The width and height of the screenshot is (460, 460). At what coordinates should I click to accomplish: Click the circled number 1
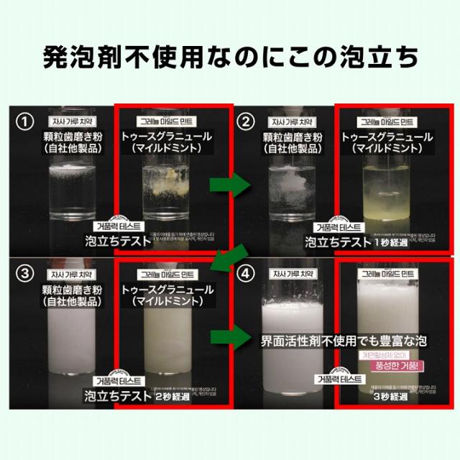coord(26,121)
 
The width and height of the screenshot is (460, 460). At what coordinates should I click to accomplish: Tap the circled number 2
coord(247,121)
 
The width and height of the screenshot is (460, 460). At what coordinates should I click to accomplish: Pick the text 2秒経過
coord(175,395)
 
